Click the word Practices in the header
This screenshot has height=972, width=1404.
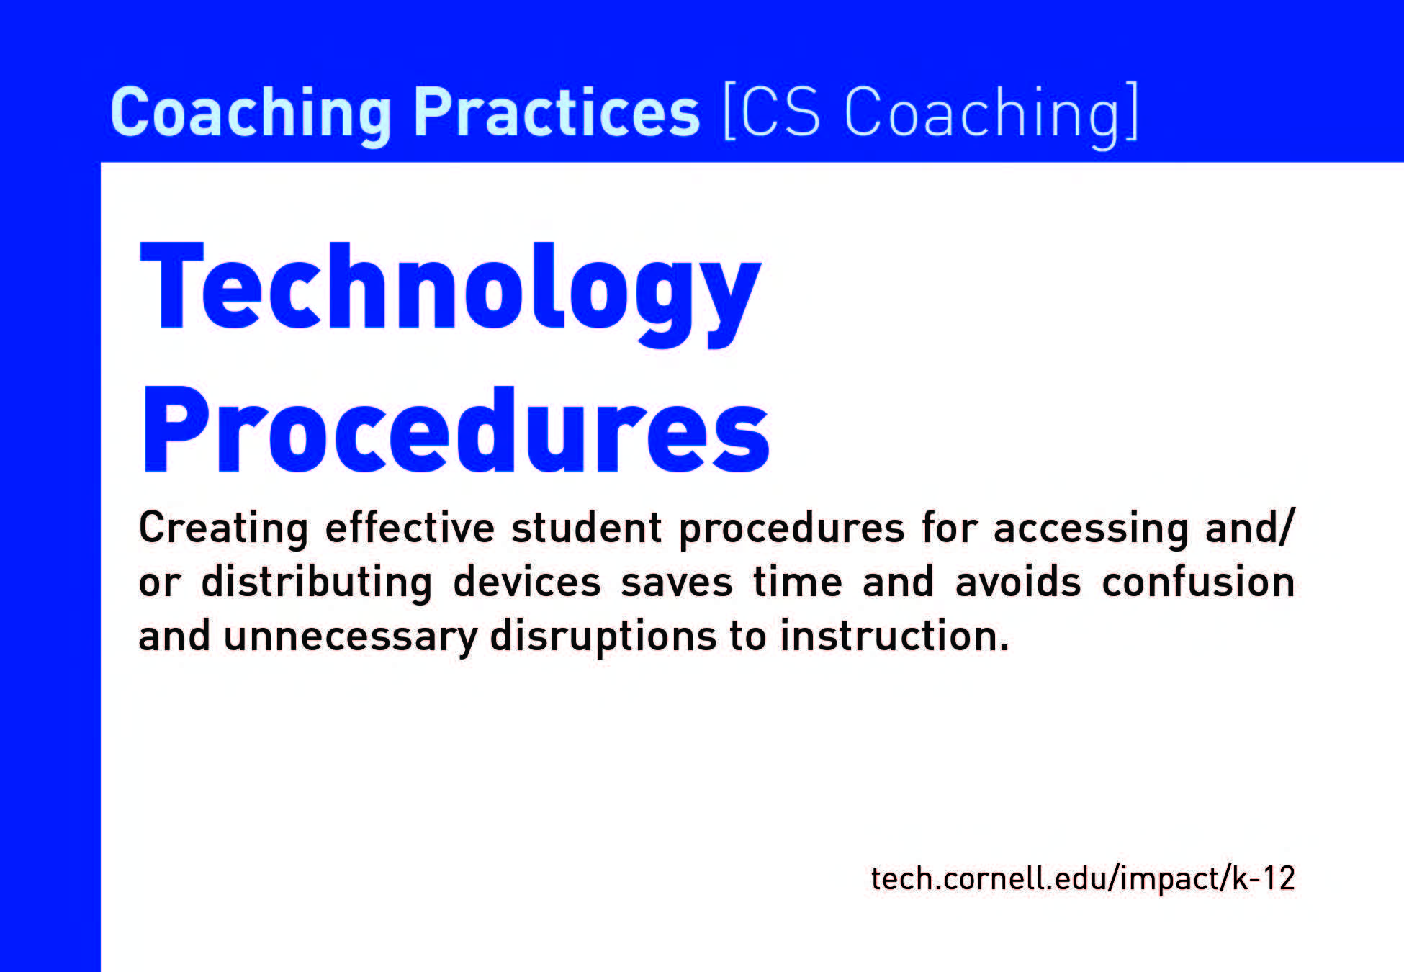[556, 112]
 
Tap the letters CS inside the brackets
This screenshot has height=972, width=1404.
[780, 112]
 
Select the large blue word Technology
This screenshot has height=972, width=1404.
[451, 294]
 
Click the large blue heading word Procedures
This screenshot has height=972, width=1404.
[456, 430]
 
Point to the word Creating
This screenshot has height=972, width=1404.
[224, 528]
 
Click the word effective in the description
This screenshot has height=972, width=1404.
[410, 527]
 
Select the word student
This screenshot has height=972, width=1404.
[586, 527]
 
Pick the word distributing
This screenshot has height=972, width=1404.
[317, 582]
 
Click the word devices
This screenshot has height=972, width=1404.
[527, 582]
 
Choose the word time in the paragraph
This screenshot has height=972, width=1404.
[798, 582]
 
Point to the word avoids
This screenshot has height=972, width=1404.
[1018, 582]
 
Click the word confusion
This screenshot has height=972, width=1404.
[1198, 582]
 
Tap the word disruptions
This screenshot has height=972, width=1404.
[603, 636]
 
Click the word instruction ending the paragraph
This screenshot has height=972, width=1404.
[894, 636]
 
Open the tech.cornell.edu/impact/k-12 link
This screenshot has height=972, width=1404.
[1083, 878]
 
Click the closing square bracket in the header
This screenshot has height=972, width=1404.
[1131, 112]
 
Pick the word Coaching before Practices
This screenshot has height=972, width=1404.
[251, 113]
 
